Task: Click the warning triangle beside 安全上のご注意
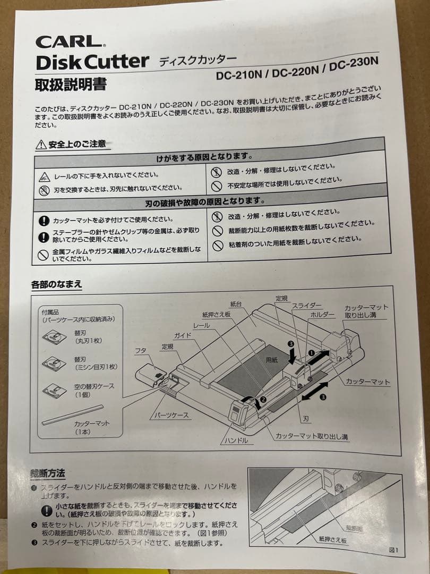pos(41,145)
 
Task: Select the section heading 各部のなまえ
pos(57,284)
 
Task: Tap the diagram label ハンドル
pos(235,441)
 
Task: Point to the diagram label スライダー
pos(307,306)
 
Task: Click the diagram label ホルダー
pos(323,315)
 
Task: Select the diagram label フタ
pos(141,351)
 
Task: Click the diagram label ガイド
pos(183,336)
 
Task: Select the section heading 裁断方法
pos(48,472)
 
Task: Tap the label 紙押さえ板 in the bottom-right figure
pos(332,539)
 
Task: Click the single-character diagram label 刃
pos(306,419)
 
